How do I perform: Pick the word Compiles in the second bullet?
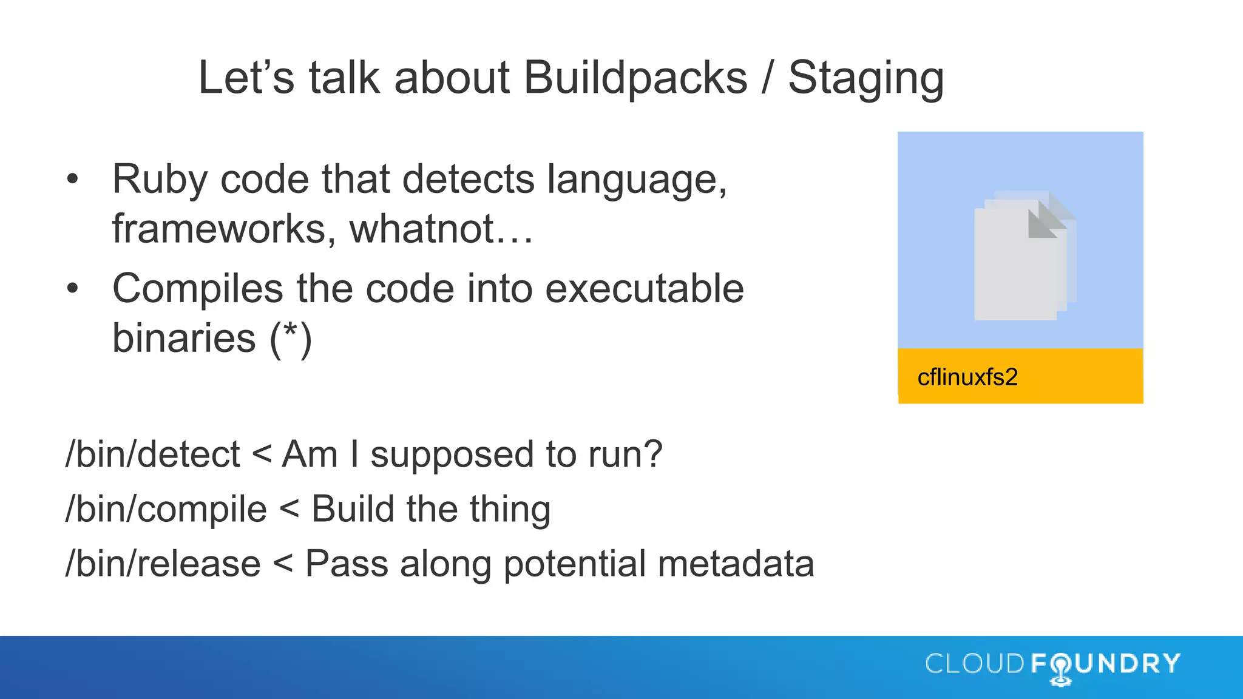pos(198,289)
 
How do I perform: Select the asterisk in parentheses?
pos(291,334)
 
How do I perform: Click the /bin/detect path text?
pos(152,454)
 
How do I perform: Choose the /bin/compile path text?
pos(166,509)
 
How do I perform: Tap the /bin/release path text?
pos(163,564)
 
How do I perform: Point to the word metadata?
pos(736,564)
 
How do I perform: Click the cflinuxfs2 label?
pos(967,377)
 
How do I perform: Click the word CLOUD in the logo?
pos(975,664)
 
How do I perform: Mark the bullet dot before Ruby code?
pos(73,179)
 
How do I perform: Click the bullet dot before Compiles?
pos(73,288)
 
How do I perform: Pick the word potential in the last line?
pos(574,565)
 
